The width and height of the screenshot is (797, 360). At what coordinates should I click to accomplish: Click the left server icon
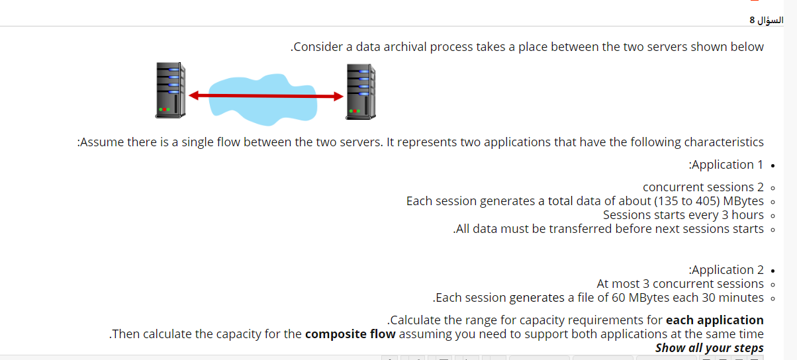tap(170, 91)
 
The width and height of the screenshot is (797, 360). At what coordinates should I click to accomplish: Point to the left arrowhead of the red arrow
tap(193, 96)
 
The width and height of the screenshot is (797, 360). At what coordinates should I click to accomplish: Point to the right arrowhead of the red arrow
tap(338, 97)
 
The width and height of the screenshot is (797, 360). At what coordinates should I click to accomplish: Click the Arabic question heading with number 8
tap(766, 20)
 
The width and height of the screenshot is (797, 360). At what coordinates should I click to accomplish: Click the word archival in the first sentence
tap(401, 47)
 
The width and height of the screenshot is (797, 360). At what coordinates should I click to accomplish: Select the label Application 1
tap(726, 165)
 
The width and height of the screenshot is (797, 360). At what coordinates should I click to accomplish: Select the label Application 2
tap(726, 270)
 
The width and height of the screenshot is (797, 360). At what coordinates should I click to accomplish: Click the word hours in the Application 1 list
tap(747, 215)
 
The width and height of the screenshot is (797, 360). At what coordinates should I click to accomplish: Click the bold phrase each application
tap(714, 320)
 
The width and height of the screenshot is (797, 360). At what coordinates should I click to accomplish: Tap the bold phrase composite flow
tap(350, 334)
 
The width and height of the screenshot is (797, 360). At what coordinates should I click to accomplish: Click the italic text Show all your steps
tap(709, 348)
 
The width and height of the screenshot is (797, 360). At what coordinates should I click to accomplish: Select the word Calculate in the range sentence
tap(416, 320)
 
